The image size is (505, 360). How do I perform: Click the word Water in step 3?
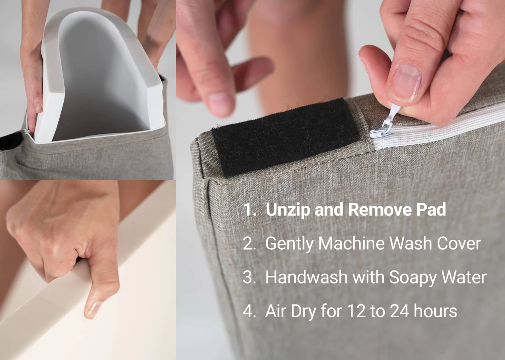(x=464, y=277)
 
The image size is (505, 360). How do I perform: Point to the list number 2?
(x=249, y=243)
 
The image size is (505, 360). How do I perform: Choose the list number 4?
(x=249, y=311)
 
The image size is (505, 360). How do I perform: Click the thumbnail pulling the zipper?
(x=405, y=81)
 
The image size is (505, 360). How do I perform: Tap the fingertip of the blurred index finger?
(x=221, y=104)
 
